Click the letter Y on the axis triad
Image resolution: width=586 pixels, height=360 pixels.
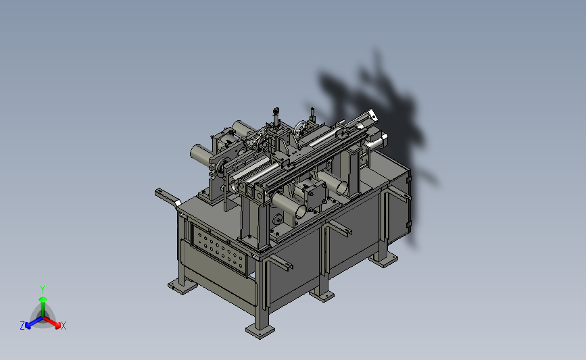pyautogui.click(x=43, y=290)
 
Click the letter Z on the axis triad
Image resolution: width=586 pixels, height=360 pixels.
pyautogui.click(x=22, y=326)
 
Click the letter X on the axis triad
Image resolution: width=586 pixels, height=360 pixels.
pyautogui.click(x=64, y=326)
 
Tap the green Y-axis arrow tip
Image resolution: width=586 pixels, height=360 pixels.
pyautogui.click(x=43, y=299)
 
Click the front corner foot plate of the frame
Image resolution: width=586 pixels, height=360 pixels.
pyautogui.click(x=260, y=330)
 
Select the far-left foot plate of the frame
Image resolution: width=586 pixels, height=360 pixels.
pyautogui.click(x=182, y=287)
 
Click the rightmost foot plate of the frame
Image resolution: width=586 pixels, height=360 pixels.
pyautogui.click(x=383, y=259)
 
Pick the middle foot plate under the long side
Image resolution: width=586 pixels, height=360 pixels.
pyautogui.click(x=322, y=295)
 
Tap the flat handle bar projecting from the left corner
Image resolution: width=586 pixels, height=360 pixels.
pyautogui.click(x=168, y=197)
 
